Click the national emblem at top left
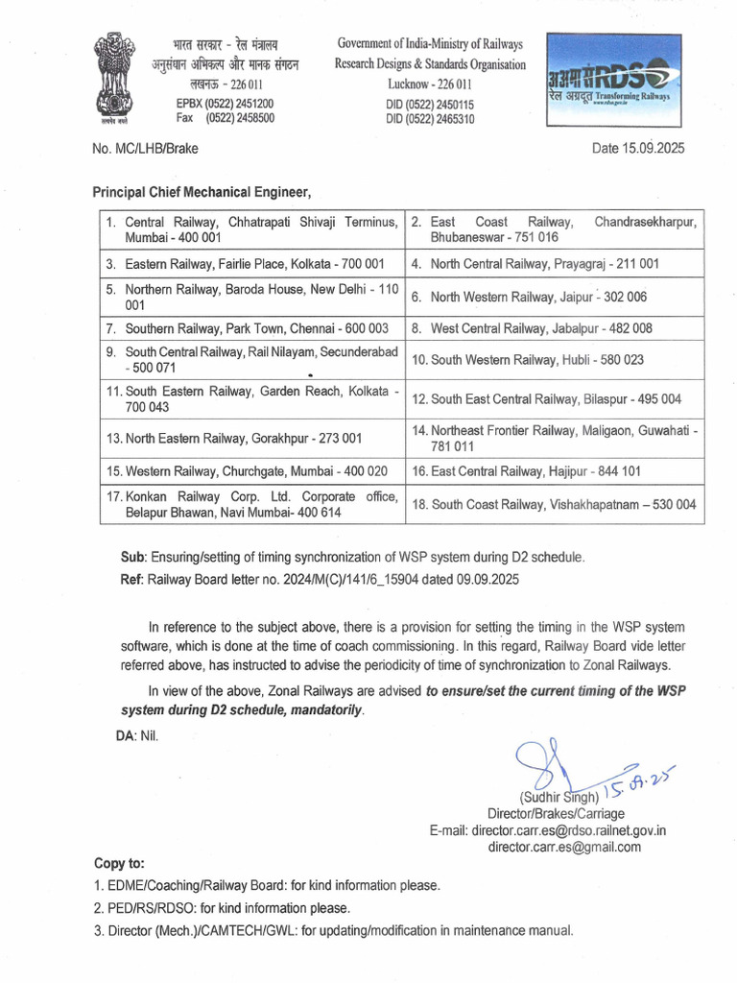[x=114, y=78]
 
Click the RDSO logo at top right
[x=614, y=80]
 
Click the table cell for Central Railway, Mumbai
[x=252, y=229]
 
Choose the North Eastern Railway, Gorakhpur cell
[x=252, y=438]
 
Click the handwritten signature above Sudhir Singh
[x=547, y=763]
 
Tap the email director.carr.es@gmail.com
[x=564, y=847]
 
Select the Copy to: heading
[x=120, y=863]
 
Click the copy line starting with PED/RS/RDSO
[x=222, y=907]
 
